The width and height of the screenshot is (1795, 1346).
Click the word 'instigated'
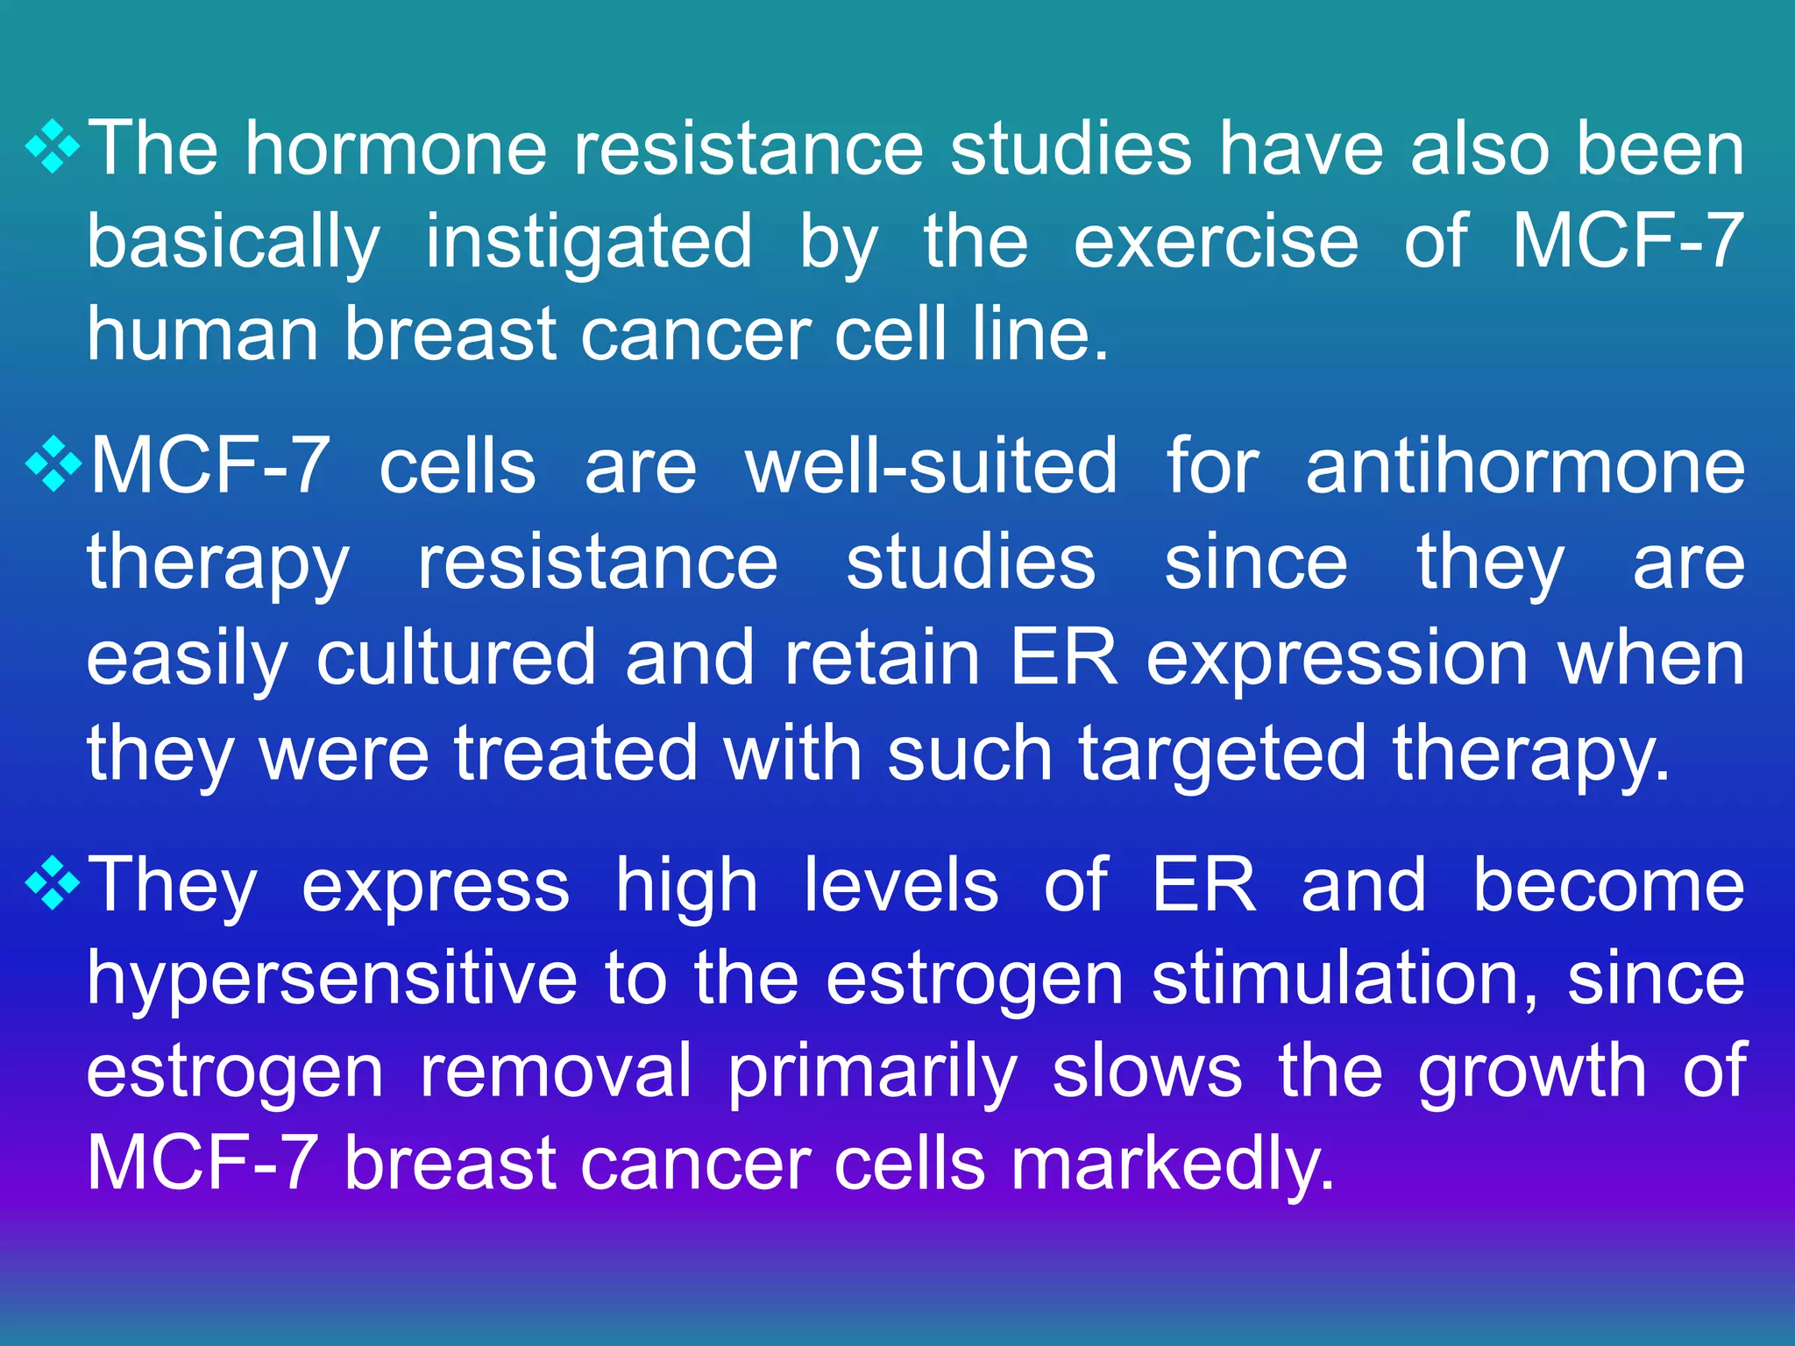[x=589, y=242]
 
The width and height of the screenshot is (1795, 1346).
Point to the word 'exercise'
[x=1216, y=242]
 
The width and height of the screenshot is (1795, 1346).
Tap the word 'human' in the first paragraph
[x=202, y=335]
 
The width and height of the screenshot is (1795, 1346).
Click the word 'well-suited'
[x=931, y=466]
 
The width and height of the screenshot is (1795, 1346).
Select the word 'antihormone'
[x=1525, y=466]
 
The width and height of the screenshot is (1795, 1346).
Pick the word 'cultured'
[x=456, y=657]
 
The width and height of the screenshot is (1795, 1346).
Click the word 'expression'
[x=1337, y=659]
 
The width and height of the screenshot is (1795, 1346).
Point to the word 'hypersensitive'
[x=332, y=980]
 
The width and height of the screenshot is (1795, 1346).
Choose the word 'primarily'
[x=873, y=1073]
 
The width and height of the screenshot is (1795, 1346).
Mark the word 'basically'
[x=234, y=242]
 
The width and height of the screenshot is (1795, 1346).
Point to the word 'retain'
[x=882, y=657]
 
